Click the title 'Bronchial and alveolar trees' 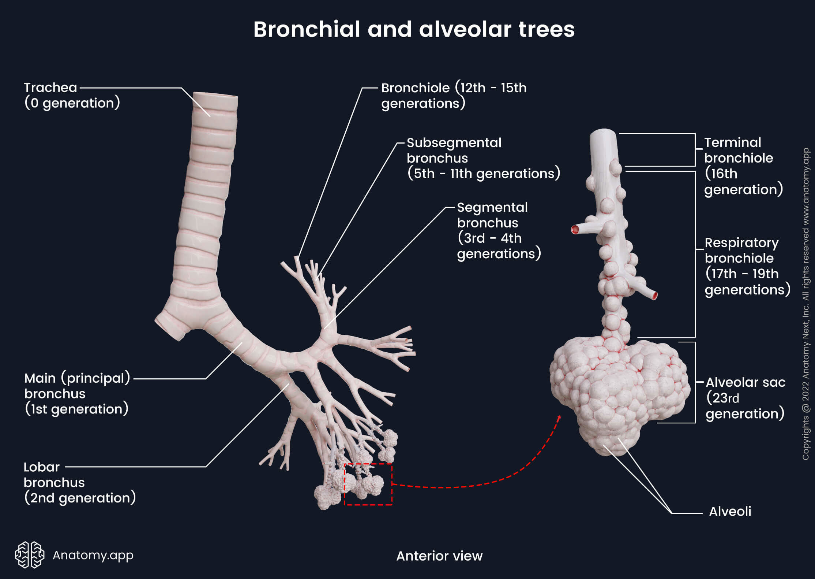pyautogui.click(x=414, y=29)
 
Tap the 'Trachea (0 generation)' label pyautogui.click(x=72, y=95)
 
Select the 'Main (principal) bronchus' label pyautogui.click(x=77, y=393)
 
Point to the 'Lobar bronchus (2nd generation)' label pyautogui.click(x=79, y=482)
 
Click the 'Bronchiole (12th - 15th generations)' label pyautogui.click(x=454, y=96)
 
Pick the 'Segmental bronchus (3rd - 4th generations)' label pyautogui.click(x=499, y=230)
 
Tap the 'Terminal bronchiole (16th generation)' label pyautogui.click(x=743, y=166)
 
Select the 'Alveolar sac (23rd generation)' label pyautogui.click(x=745, y=398)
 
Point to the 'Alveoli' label pyautogui.click(x=730, y=511)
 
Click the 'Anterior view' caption pyautogui.click(x=439, y=556)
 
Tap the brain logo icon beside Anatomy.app pyautogui.click(x=30, y=554)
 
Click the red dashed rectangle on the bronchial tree pyautogui.click(x=368, y=484)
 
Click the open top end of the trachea pyautogui.click(x=215, y=96)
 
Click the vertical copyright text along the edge pyautogui.click(x=805, y=304)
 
